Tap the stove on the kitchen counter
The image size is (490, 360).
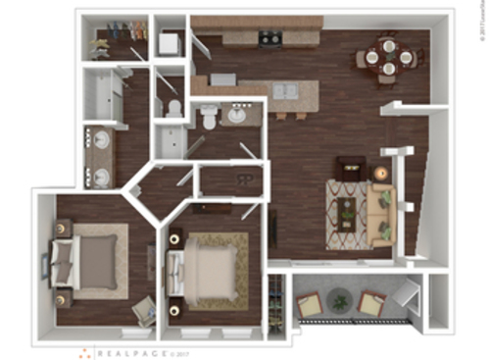[270, 39]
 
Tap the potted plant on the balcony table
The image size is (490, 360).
[340, 299]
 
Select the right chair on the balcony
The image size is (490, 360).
[371, 303]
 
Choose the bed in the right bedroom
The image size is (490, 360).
[206, 271]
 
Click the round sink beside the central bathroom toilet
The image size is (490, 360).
[237, 116]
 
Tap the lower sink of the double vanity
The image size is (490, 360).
[100, 177]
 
